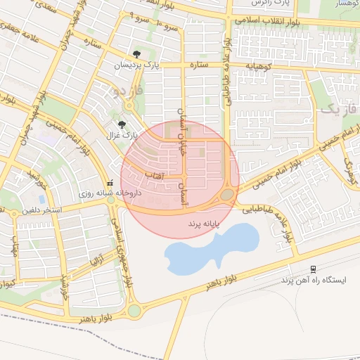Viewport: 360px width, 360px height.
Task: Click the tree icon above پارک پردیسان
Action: [x=136, y=54]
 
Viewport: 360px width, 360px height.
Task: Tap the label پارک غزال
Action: [x=124, y=134]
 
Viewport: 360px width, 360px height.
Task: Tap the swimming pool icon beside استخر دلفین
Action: [x=42, y=199]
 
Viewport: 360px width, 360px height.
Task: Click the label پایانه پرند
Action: [x=205, y=223]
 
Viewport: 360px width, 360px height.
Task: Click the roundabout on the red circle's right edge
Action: [x=227, y=195]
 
